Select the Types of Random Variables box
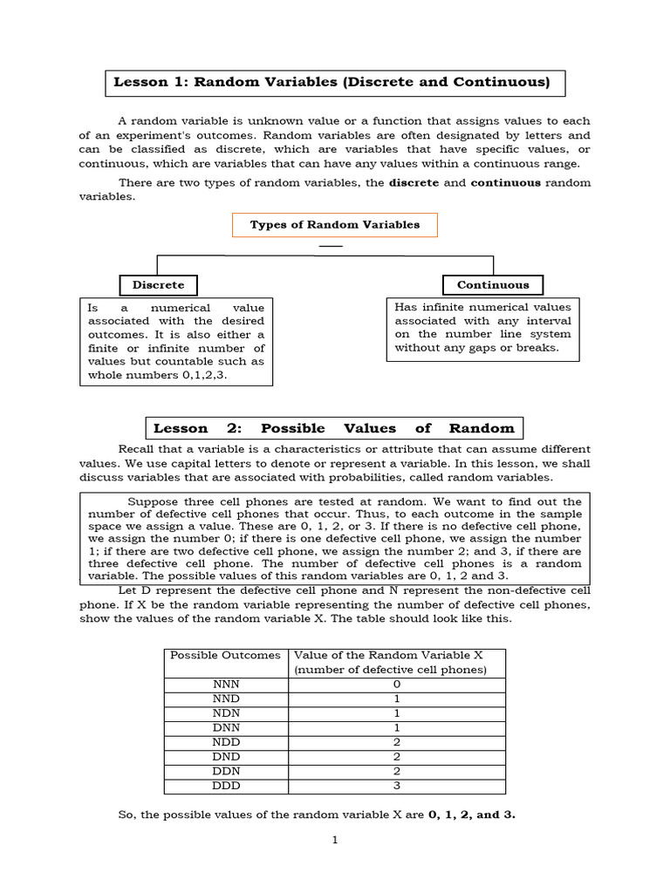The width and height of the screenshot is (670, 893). tap(335, 225)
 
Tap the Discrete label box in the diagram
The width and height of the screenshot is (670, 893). tap(158, 285)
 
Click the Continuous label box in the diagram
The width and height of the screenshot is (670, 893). tap(493, 284)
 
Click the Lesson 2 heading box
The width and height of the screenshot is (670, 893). tap(334, 428)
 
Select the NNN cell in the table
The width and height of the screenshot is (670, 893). tap(226, 685)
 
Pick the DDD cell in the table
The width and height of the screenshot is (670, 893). tap(226, 785)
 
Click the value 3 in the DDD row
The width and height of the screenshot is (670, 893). tap(397, 785)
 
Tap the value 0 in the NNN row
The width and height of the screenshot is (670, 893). tap(397, 685)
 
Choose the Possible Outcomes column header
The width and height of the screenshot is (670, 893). tap(226, 655)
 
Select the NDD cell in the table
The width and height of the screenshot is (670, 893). tap(226, 742)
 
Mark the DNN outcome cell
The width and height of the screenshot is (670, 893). tap(226, 727)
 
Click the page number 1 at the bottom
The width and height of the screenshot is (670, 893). tap(334, 841)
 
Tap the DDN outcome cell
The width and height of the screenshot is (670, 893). tap(226, 771)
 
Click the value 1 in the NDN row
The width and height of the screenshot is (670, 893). tap(397, 713)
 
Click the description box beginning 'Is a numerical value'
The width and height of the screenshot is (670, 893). tap(175, 342)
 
